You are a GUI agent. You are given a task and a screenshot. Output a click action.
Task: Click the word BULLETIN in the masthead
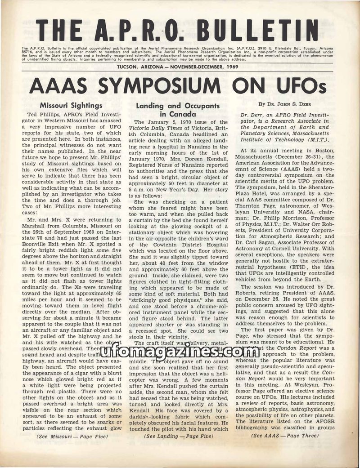coord(260,30)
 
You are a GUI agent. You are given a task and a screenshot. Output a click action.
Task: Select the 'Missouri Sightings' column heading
coord(71,106)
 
